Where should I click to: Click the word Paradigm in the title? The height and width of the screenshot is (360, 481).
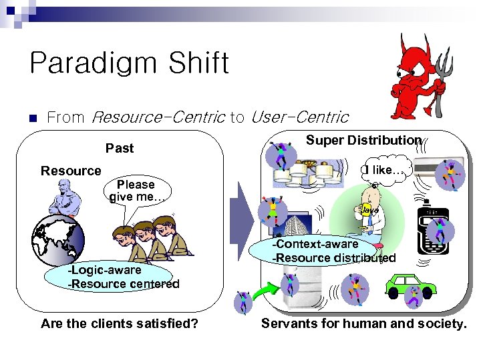pyautogui.click(x=94, y=64)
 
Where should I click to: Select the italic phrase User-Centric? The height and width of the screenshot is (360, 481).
pyautogui.click(x=299, y=118)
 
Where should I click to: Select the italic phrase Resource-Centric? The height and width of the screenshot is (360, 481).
pyautogui.click(x=158, y=118)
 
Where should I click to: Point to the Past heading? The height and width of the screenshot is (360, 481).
pyautogui.click(x=120, y=148)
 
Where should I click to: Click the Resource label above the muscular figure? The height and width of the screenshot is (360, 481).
pyautogui.click(x=71, y=171)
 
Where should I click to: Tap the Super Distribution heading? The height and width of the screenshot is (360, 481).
pyautogui.click(x=363, y=140)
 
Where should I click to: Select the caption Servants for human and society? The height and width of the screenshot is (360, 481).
pyautogui.click(x=363, y=324)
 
